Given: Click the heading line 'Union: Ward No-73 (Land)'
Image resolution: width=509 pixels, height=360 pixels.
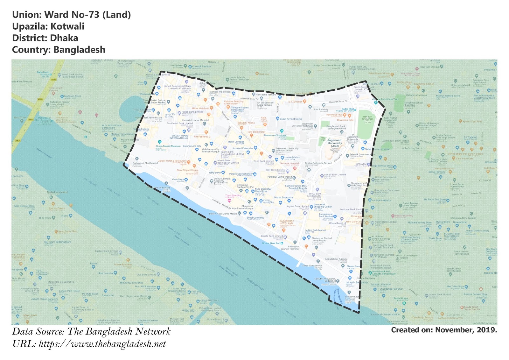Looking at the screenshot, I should click(x=71, y=15).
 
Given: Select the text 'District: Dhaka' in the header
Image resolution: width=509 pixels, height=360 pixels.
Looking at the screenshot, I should click(x=45, y=38).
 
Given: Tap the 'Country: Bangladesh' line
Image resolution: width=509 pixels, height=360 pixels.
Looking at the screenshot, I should click(x=59, y=50).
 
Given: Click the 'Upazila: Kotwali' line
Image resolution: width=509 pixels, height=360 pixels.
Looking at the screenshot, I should click(x=48, y=26).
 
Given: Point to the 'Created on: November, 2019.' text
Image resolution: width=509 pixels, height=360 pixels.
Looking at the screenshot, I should click(x=444, y=330).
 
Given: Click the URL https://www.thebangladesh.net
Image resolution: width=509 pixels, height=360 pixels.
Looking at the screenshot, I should click(x=89, y=344).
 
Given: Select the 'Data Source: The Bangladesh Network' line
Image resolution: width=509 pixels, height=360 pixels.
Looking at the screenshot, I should click(x=91, y=331).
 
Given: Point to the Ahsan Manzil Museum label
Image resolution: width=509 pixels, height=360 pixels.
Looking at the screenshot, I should click(x=168, y=146).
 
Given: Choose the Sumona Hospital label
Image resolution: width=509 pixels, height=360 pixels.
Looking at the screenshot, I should click(x=289, y=163).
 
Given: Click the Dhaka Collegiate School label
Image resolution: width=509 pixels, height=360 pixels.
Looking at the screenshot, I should click(x=318, y=163).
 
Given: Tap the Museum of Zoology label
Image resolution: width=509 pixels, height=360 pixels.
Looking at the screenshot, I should click(x=275, y=135).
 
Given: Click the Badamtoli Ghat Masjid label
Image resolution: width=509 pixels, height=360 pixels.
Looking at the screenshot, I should click(x=145, y=163).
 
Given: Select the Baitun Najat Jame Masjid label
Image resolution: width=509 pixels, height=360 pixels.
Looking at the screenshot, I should click(x=223, y=214).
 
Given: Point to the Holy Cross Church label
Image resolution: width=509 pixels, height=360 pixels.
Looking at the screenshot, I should click(x=412, y=148).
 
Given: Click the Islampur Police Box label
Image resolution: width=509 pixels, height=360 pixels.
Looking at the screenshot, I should click(x=220, y=92).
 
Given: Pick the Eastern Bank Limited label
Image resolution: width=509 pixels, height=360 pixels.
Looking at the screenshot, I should click(x=106, y=251).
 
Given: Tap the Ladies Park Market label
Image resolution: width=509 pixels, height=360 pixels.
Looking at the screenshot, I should click(x=315, y=230).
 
